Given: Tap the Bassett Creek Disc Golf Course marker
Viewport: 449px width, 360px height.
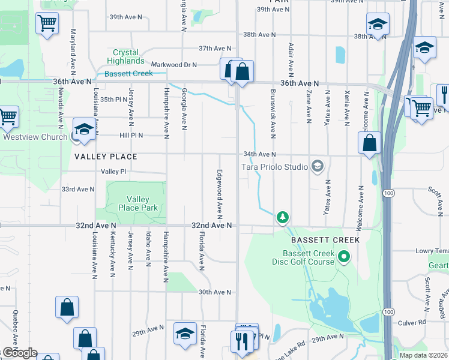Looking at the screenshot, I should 343,258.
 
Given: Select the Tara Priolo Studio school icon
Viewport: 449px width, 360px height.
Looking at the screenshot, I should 318,166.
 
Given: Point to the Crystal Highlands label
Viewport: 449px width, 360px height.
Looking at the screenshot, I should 125,57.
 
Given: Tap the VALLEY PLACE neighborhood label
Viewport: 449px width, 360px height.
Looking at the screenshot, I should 106,157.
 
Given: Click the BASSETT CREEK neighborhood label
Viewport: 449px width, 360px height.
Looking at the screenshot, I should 325,240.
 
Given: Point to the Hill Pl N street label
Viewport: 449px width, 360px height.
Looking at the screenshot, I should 131,136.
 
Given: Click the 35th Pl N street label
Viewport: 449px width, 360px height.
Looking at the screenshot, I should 114,100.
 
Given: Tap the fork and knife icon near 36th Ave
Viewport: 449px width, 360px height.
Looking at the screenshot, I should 444,95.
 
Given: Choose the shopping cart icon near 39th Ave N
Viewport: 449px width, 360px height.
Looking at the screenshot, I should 47,24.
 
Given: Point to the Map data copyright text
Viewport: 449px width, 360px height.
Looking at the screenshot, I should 424,355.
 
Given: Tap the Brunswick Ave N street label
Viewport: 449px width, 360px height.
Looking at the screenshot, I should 273,112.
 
